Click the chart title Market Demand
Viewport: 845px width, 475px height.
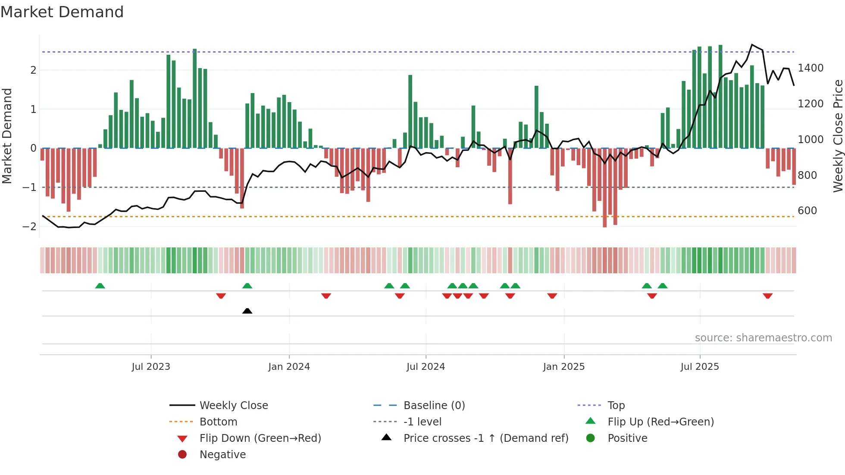(x=62, y=12)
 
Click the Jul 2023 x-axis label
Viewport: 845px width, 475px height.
(x=151, y=367)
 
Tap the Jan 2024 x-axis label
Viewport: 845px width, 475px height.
(x=289, y=367)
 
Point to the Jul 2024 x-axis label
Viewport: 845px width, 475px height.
(x=426, y=367)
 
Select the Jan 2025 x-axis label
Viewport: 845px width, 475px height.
(x=563, y=367)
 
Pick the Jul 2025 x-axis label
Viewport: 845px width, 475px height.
(x=700, y=367)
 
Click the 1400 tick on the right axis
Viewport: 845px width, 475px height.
(x=811, y=68)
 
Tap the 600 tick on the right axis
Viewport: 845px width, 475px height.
(x=807, y=211)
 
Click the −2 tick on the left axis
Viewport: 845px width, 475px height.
(x=30, y=227)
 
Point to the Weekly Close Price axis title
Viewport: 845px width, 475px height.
(x=838, y=136)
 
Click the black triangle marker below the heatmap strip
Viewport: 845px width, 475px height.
(x=247, y=311)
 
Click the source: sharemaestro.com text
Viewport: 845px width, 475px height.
(x=763, y=338)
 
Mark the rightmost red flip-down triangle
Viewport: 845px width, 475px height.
(x=767, y=296)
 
